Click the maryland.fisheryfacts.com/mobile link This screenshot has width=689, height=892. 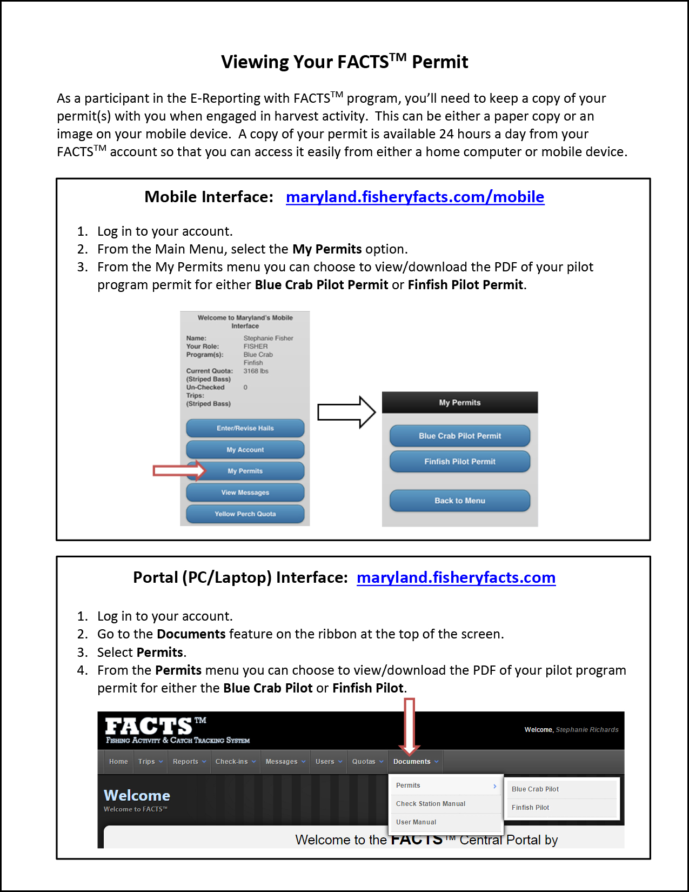pos(414,197)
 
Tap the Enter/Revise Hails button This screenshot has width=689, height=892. pos(245,428)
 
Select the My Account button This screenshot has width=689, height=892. pos(245,450)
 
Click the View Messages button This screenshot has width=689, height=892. pos(245,492)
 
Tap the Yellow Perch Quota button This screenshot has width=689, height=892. pos(245,514)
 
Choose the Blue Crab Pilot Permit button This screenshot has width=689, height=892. pos(459,436)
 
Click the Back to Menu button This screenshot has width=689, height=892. pos(459,501)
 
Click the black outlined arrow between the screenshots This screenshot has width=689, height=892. pos(346,412)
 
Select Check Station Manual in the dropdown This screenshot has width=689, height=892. pos(430,804)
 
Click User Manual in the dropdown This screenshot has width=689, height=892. pos(416,822)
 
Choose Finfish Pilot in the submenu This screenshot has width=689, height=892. pos(530,808)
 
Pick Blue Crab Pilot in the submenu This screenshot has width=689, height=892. pos(535,789)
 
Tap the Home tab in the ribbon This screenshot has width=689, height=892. pos(118,762)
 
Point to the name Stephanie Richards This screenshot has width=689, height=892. pos(587,730)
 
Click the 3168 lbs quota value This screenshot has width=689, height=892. pos(256,371)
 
